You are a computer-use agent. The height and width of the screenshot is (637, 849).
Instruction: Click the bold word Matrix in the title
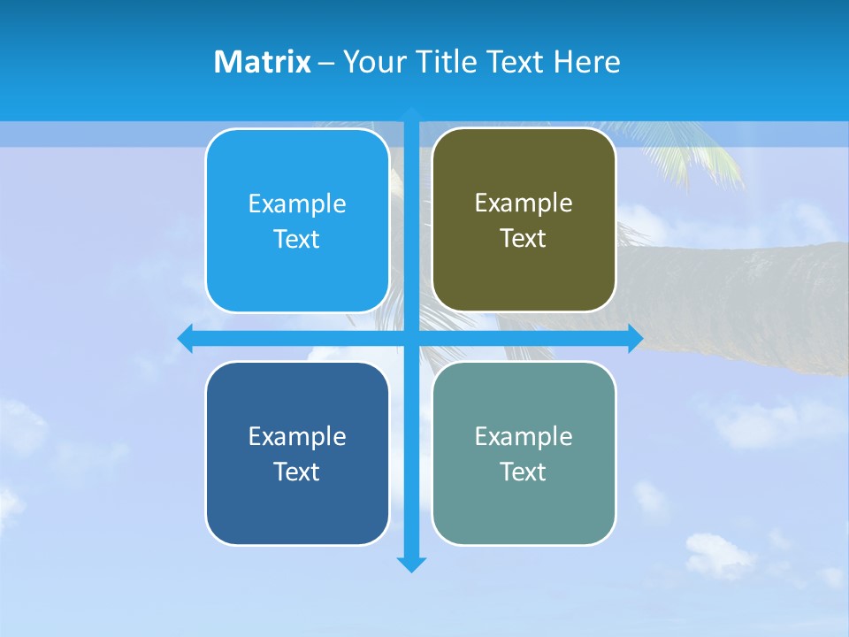pos(262,62)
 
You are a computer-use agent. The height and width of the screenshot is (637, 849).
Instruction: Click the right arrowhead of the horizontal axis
pos(635,338)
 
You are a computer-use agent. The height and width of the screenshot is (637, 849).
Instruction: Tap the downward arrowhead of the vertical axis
pos(411,564)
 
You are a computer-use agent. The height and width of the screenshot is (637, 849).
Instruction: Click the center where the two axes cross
pos(411,338)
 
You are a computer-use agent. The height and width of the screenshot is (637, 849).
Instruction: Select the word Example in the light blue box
pos(296,204)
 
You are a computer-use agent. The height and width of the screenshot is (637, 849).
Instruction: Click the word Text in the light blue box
pos(296,239)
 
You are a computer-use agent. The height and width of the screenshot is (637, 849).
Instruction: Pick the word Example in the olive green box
pos(523,203)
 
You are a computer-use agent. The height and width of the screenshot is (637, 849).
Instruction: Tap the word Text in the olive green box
pos(523,238)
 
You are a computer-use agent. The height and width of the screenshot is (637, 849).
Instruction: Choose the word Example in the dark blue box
pos(296,436)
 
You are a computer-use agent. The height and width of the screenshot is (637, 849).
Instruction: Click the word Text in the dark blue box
pos(296,472)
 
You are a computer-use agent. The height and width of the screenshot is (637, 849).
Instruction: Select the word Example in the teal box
pos(523,436)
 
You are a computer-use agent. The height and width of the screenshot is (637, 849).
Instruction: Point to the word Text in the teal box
pos(523,472)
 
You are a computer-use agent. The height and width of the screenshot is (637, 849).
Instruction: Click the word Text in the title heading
pos(516,62)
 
